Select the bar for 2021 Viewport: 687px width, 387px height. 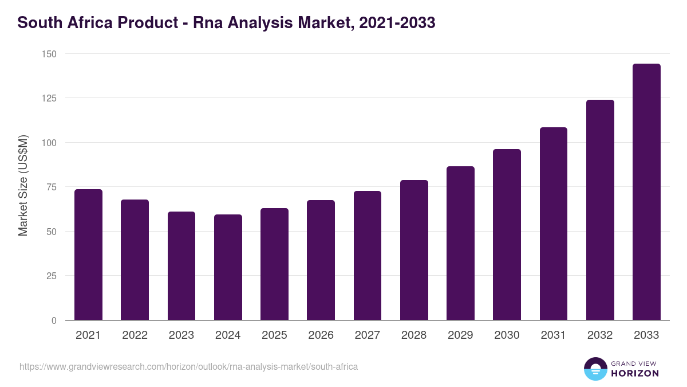pyautogui.click(x=88, y=255)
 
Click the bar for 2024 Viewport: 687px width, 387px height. pyautogui.click(x=228, y=267)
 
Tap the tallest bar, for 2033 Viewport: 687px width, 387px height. pyautogui.click(x=646, y=192)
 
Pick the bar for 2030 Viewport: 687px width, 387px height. pyautogui.click(x=507, y=234)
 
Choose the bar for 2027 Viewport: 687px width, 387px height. pyautogui.click(x=367, y=256)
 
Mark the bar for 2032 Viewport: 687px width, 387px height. pyautogui.click(x=600, y=210)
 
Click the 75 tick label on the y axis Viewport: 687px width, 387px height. pyautogui.click(x=51, y=187)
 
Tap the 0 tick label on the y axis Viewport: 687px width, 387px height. pyautogui.click(x=54, y=320)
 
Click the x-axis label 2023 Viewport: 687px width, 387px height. pyautogui.click(x=181, y=335)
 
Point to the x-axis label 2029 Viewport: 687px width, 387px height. pyautogui.click(x=460, y=335)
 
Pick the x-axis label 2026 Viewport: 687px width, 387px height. pyautogui.click(x=321, y=335)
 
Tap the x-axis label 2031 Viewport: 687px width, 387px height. pyautogui.click(x=554, y=335)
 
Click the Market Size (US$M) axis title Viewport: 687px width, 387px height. pyautogui.click(x=23, y=186)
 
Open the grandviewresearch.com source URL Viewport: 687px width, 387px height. pyautogui.click(x=188, y=366)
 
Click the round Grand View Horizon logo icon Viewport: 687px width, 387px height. pyautogui.click(x=595, y=369)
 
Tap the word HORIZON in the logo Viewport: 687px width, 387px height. pyautogui.click(x=634, y=373)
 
